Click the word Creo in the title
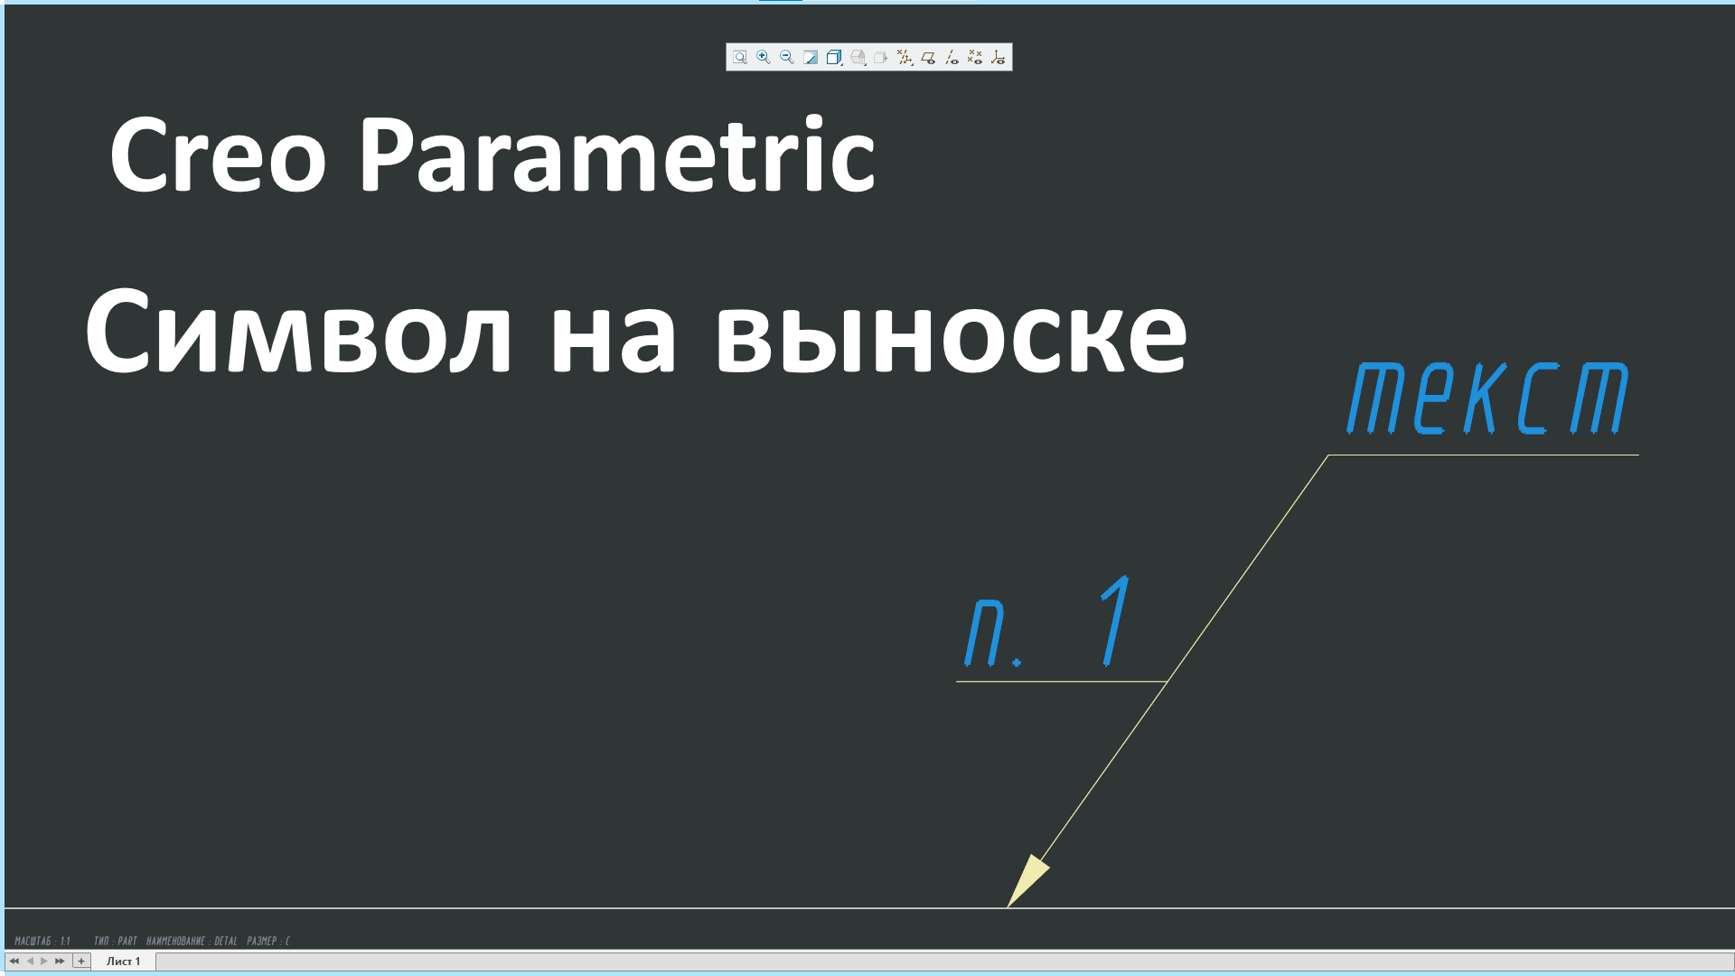pyautogui.click(x=217, y=155)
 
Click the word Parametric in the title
pyautogui.click(x=616, y=155)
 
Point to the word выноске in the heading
pyautogui.click(x=951, y=333)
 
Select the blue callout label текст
pyautogui.click(x=1487, y=399)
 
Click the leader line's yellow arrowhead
pyautogui.click(x=1027, y=880)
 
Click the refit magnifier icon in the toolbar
pyautogui.click(x=740, y=58)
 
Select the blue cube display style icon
pyautogui.click(x=834, y=58)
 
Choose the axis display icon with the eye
pyautogui.click(x=952, y=58)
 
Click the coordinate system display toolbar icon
pyautogui.click(x=999, y=58)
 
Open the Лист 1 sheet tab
pyautogui.click(x=124, y=961)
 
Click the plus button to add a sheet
pyautogui.click(x=81, y=961)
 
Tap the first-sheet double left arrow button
pyautogui.click(x=14, y=961)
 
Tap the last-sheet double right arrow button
pyautogui.click(x=61, y=961)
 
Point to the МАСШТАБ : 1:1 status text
pyautogui.click(x=42, y=941)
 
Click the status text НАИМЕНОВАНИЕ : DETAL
pyautogui.click(x=192, y=941)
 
